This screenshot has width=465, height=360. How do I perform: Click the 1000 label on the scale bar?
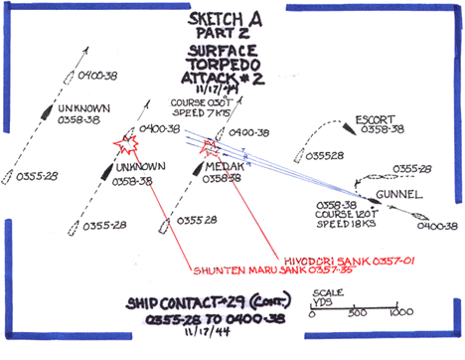(400, 315)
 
